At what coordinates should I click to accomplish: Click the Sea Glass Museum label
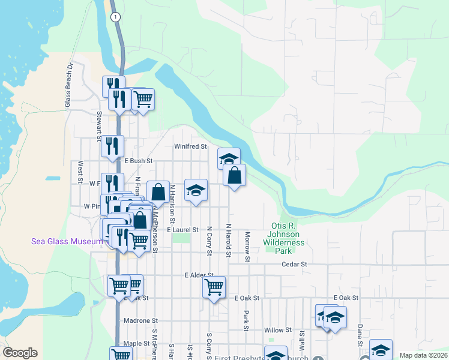(67, 241)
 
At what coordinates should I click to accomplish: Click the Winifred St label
(190, 146)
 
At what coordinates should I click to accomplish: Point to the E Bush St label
(139, 161)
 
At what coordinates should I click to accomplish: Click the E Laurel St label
(182, 230)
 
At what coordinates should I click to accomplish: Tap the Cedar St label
(295, 264)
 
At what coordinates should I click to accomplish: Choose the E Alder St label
(199, 275)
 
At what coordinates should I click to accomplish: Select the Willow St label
(277, 330)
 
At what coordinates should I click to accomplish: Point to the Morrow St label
(247, 247)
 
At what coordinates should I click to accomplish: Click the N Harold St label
(229, 241)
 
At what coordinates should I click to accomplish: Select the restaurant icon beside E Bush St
(112, 146)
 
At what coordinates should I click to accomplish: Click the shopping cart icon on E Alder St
(214, 287)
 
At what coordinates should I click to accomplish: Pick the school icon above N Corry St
(196, 190)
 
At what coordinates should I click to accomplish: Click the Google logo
(20, 353)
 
